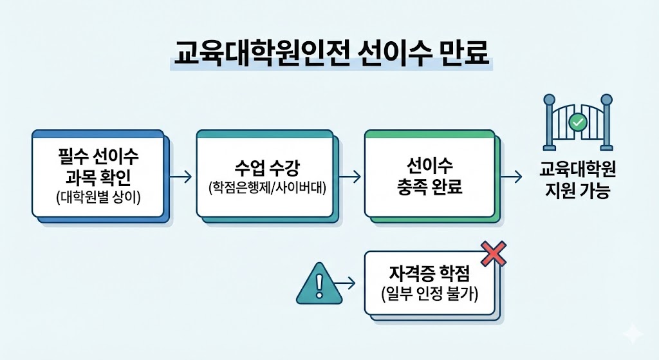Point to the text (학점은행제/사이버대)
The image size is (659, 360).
[x=265, y=189]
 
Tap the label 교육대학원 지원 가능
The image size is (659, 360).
[x=577, y=181]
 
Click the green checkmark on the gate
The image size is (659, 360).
[x=578, y=121]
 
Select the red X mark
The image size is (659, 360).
[x=494, y=254]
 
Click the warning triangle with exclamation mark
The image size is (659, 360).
[x=315, y=284]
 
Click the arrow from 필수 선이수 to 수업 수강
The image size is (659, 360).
[x=182, y=176]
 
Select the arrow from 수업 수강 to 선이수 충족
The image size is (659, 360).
[x=349, y=176]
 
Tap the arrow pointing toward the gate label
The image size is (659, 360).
[x=512, y=176]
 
